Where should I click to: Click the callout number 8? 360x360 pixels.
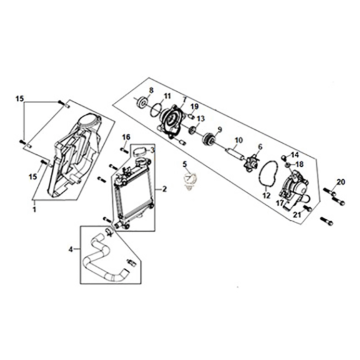(151, 90)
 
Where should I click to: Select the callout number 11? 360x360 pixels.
(167, 96)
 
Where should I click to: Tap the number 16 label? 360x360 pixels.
(126, 137)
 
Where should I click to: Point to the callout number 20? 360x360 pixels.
(340, 182)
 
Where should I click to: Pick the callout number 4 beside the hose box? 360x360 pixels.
(70, 249)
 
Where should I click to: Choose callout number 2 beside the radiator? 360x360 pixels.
(164, 189)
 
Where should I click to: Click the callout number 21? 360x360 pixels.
(297, 215)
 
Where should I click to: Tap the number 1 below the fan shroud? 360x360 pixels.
(34, 210)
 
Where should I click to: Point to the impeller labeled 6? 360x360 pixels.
(250, 161)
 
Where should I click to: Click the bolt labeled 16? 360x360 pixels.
(125, 151)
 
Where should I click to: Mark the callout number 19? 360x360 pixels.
(194, 106)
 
